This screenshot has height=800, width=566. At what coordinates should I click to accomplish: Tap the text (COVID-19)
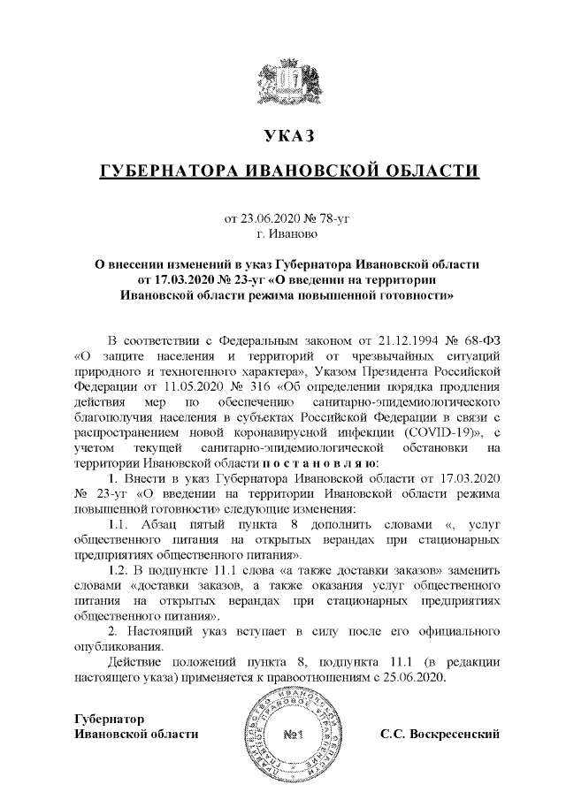427,434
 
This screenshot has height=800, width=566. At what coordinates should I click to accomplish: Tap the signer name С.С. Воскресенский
440,734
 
